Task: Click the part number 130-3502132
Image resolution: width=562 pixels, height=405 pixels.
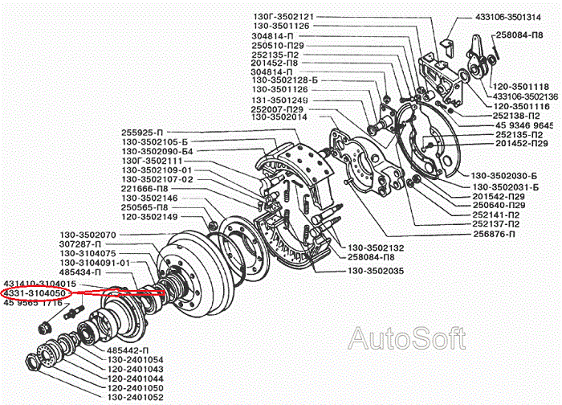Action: click(376, 247)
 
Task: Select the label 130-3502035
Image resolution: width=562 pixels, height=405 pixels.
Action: click(376, 271)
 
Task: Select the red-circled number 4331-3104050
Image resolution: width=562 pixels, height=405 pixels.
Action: click(39, 294)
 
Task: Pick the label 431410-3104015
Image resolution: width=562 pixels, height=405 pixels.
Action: click(40, 284)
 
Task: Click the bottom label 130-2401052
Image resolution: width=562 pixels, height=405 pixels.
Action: click(135, 397)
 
